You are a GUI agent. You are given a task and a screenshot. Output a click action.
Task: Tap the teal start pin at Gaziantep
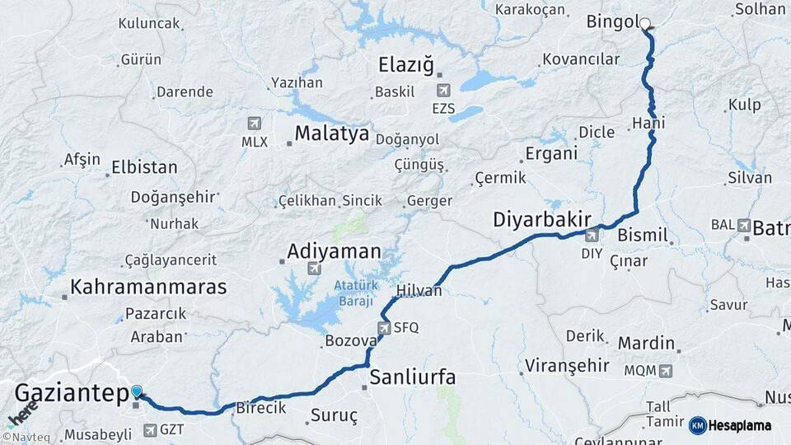click(136, 392)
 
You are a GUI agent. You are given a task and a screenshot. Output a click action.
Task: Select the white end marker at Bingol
click(645, 24)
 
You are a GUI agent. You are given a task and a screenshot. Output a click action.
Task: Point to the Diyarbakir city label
click(542, 220)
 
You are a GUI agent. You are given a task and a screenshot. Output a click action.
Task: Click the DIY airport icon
click(592, 235)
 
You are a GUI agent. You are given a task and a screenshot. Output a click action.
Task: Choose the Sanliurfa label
click(412, 378)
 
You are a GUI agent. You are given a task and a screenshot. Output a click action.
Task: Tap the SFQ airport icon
click(383, 328)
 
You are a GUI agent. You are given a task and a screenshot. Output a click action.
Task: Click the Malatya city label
click(332, 133)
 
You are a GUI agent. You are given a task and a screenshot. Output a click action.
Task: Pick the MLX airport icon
click(254, 124)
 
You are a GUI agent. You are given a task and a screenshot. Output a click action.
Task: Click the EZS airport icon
click(443, 90)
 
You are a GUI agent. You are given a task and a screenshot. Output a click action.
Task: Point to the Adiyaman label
click(334, 251)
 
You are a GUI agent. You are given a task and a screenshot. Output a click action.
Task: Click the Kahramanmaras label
click(148, 287)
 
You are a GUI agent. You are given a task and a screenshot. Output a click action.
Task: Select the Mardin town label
click(647, 343)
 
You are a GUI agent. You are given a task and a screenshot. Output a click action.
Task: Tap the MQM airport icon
click(666, 371)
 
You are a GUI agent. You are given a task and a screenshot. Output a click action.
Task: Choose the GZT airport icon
click(149, 429)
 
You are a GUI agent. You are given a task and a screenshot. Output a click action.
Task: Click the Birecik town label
click(260, 407)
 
